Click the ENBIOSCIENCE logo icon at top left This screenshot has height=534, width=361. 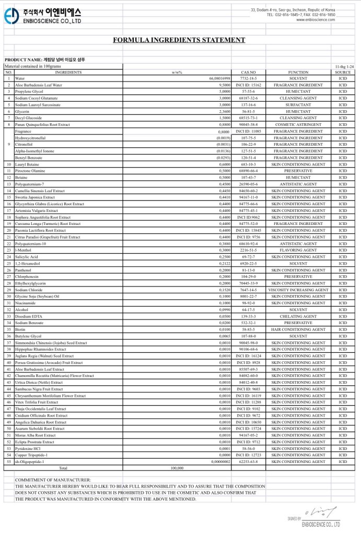point(11,16)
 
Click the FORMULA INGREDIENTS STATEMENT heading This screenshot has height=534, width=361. point(179,40)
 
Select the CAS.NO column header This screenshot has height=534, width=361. point(248,72)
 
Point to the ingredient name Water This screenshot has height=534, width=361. point(20,78)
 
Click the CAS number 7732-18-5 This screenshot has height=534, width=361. point(248,78)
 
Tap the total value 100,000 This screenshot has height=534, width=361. point(177,469)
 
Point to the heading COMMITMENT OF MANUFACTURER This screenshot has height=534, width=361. point(53,480)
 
